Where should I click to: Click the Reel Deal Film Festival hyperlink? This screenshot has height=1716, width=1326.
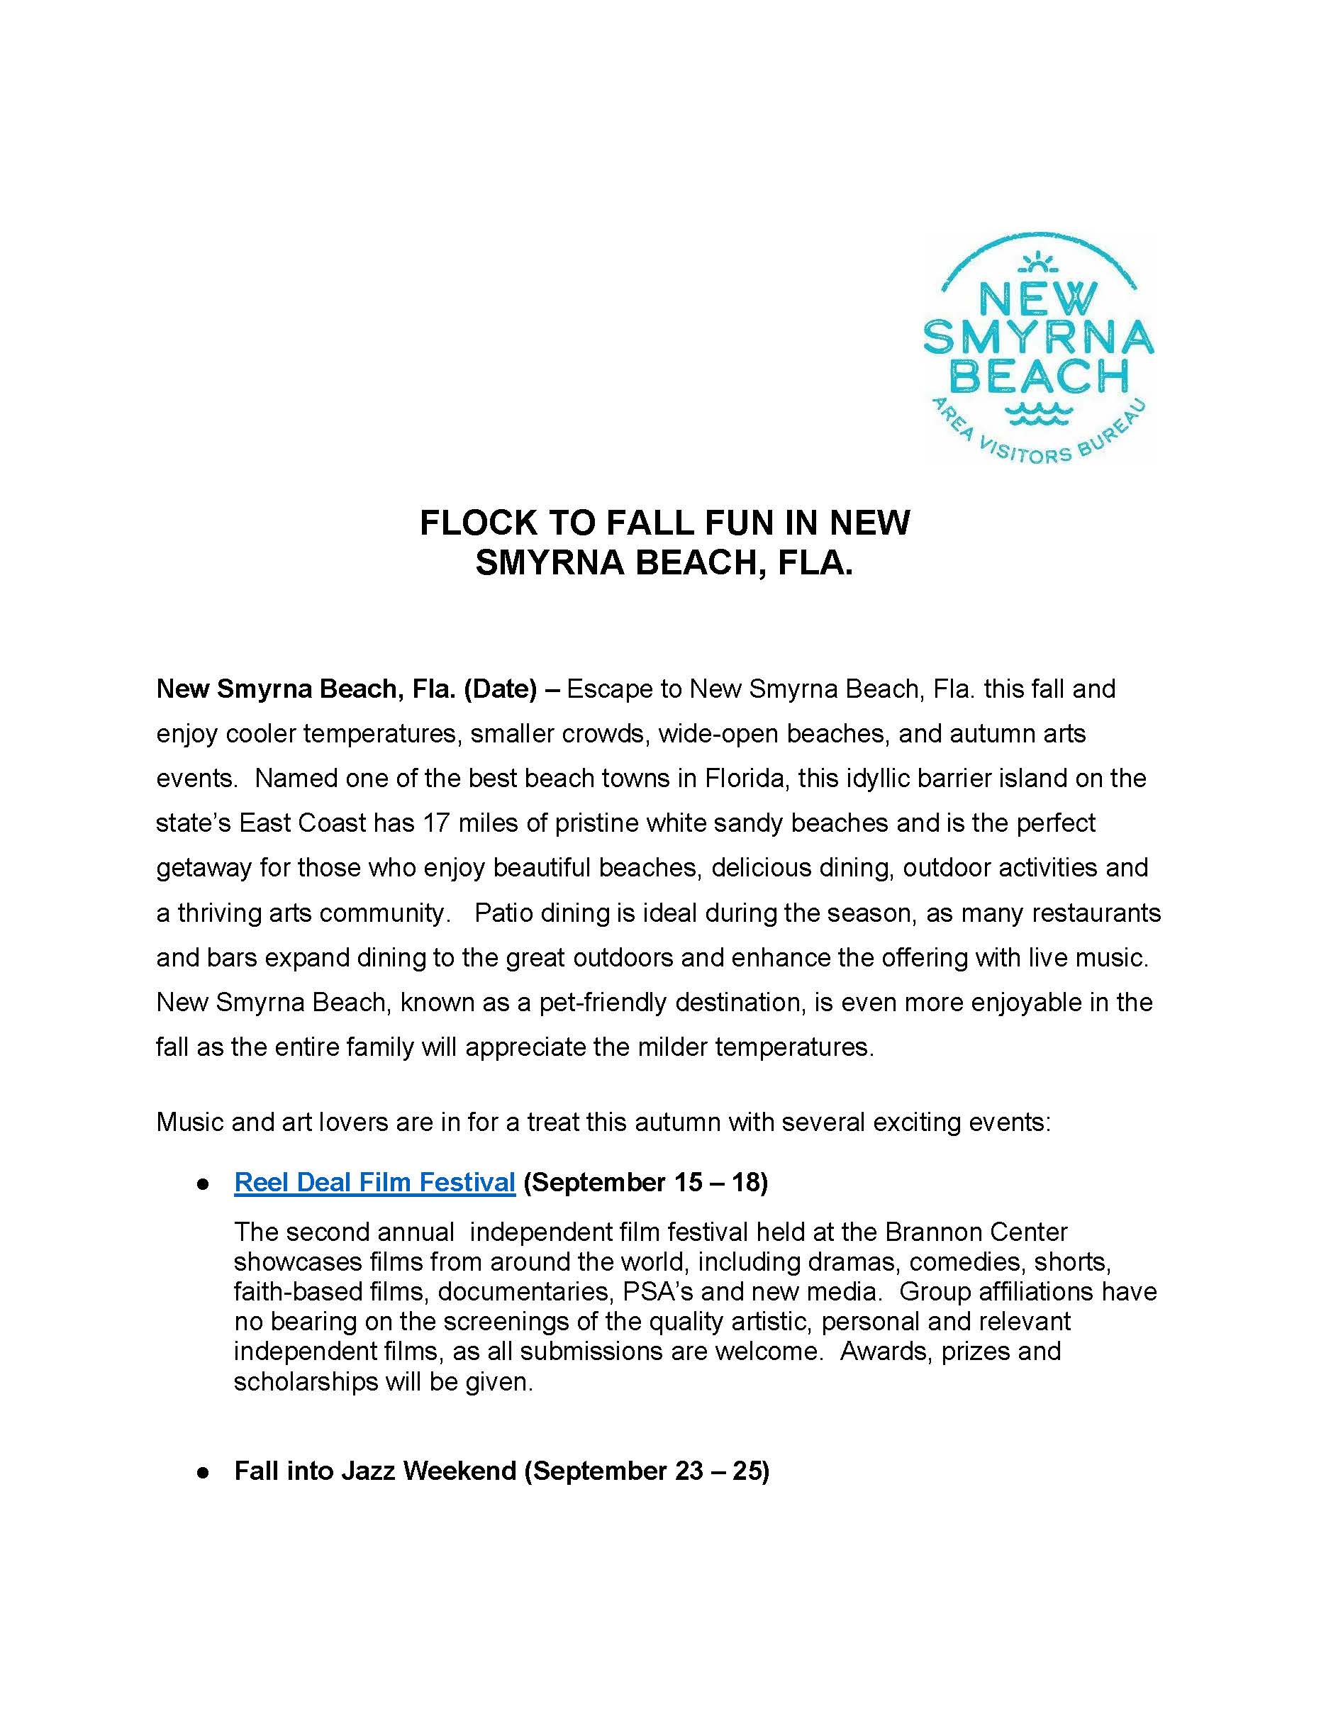374,1182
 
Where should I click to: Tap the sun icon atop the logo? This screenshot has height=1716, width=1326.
1037,262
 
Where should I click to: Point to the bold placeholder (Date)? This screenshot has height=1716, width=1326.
501,689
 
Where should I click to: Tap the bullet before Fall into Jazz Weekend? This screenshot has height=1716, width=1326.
203,1471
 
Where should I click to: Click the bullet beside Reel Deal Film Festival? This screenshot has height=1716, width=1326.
203,1183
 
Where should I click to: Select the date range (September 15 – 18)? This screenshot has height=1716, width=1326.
645,1182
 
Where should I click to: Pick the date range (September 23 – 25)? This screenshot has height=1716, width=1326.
646,1471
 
